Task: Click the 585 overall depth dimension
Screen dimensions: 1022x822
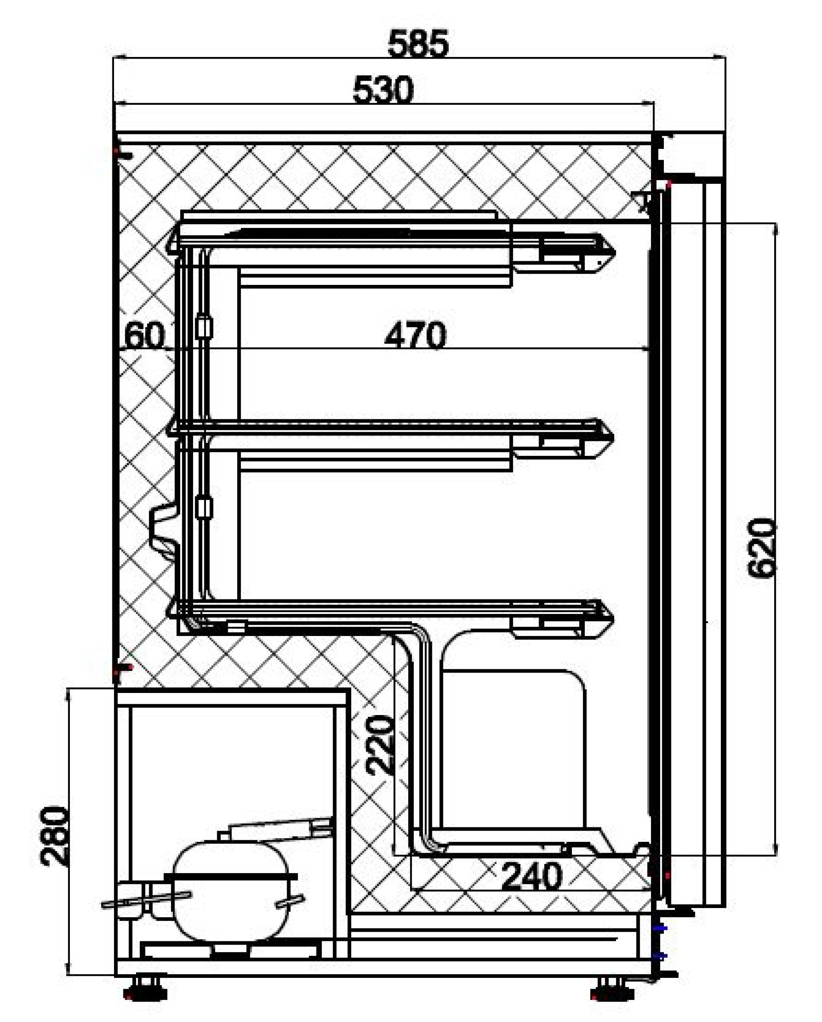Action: click(418, 44)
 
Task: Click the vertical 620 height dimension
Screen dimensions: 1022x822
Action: click(762, 548)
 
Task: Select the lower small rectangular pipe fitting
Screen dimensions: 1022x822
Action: click(204, 508)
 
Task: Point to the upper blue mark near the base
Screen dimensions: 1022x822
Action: click(660, 928)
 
